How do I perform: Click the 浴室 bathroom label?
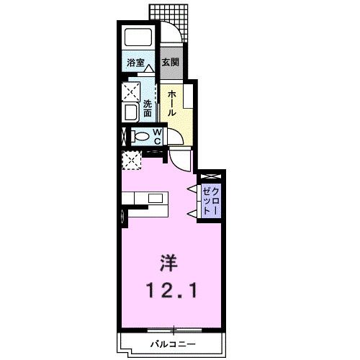click(135, 63)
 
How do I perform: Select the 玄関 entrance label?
click(170, 63)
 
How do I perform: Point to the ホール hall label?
click(173, 103)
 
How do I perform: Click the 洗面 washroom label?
click(148, 107)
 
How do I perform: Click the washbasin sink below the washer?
click(132, 112)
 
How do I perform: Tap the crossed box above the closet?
click(210, 176)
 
